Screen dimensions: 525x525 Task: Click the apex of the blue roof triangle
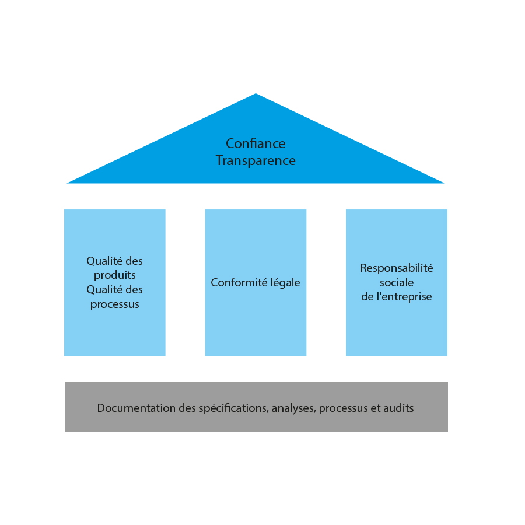pyautogui.click(x=256, y=93)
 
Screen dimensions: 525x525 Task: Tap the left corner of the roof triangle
pyautogui.click(x=67, y=184)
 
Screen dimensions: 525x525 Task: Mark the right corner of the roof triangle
pyautogui.click(x=444, y=184)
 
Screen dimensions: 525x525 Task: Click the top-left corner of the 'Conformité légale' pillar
pyautogui.click(x=205, y=209)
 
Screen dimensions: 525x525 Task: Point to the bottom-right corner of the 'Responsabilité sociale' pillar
pyautogui.click(x=447, y=356)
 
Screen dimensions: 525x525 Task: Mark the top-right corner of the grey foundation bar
pyautogui.click(x=447, y=382)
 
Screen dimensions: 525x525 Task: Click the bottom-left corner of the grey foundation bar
pyautogui.click(x=65, y=431)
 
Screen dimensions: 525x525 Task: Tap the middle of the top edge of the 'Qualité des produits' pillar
pyautogui.click(x=115, y=209)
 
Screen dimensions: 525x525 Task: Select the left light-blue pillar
pyautogui.click(x=115, y=282)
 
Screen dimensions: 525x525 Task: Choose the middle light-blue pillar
pyautogui.click(x=256, y=282)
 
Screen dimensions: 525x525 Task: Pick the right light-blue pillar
pyautogui.click(x=397, y=282)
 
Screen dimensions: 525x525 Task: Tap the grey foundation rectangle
pyautogui.click(x=256, y=407)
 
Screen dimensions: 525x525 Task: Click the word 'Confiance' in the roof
pyautogui.click(x=256, y=143)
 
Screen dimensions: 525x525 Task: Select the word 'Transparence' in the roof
pyautogui.click(x=256, y=161)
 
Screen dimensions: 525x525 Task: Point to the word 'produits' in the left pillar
pyautogui.click(x=115, y=275)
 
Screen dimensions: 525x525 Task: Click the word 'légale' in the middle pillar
pyautogui.click(x=285, y=282)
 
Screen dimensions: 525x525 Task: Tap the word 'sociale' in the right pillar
pyautogui.click(x=397, y=282)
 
